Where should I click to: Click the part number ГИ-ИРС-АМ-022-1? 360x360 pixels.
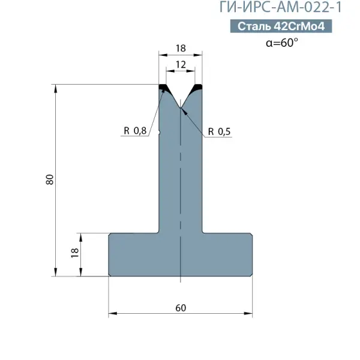(x=281, y=7)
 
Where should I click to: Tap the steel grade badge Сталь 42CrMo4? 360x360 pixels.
(x=281, y=26)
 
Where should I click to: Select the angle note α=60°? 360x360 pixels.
(x=282, y=43)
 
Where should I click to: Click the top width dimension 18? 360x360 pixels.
(x=181, y=48)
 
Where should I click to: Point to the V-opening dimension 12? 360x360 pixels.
(x=181, y=65)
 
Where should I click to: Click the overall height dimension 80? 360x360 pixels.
(x=50, y=179)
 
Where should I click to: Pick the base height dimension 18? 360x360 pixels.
(x=75, y=253)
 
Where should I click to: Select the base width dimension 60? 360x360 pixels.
(x=181, y=308)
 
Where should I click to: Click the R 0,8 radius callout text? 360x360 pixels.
(x=135, y=131)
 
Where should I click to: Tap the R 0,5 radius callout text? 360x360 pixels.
(x=219, y=131)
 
